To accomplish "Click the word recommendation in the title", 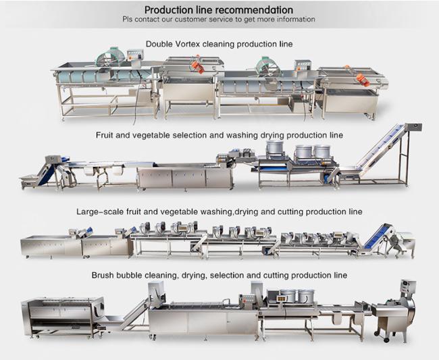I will tap(251, 10).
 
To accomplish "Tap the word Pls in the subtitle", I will tap(128, 20).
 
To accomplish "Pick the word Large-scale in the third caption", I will tap(99, 211).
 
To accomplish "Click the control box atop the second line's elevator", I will tap(413, 127).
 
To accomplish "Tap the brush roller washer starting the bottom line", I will tap(61, 316).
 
